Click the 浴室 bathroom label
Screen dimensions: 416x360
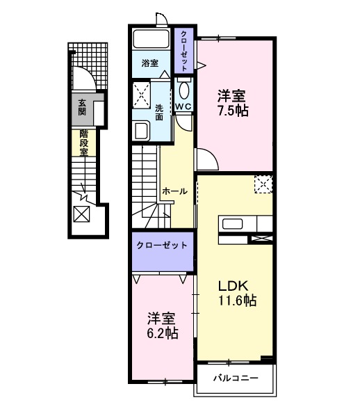click(150, 63)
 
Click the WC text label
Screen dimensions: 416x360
click(183, 106)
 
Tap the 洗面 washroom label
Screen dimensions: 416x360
click(159, 113)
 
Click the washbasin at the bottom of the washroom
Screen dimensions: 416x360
click(142, 130)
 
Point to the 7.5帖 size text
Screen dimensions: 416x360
click(233, 110)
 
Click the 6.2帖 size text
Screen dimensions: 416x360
click(162, 333)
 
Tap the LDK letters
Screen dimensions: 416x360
click(234, 287)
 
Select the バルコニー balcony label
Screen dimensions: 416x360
click(235, 378)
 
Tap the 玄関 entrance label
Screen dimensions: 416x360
click(82, 106)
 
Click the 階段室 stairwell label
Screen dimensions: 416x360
click(83, 143)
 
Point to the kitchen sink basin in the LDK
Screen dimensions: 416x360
click(231, 224)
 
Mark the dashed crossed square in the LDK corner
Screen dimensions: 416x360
click(263, 183)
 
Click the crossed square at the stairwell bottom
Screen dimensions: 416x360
click(81, 215)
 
